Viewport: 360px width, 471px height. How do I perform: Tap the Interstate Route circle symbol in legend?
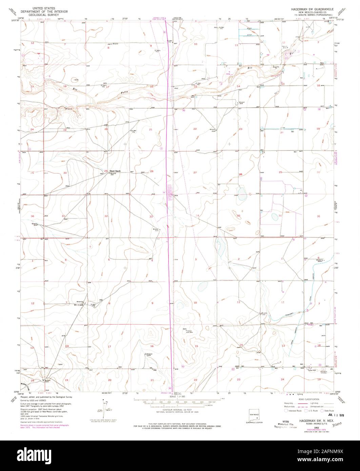coord(286,410)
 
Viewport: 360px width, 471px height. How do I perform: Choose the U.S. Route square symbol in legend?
coord(305,410)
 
